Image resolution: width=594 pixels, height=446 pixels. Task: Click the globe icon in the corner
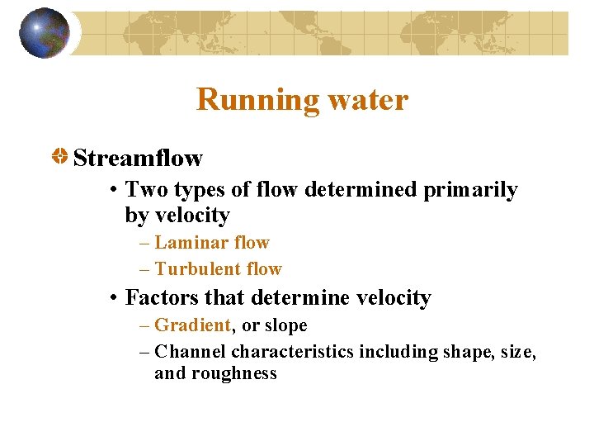click(x=44, y=33)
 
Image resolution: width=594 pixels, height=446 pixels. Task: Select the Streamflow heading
click(x=138, y=157)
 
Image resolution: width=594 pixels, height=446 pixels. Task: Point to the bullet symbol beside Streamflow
click(x=60, y=156)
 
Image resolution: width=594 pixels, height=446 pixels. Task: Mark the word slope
click(x=285, y=325)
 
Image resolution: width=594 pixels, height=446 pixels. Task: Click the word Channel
click(x=191, y=352)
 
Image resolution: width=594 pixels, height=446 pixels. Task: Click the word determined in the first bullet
click(x=361, y=190)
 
